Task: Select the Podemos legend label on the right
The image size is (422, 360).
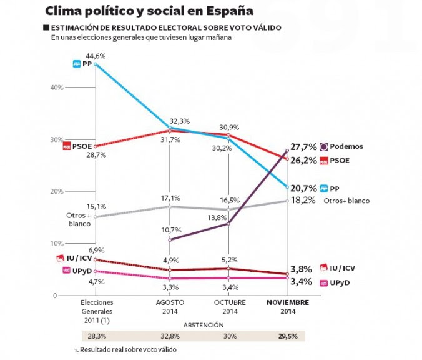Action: (x=348, y=146)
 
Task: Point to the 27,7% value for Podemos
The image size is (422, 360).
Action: (x=303, y=146)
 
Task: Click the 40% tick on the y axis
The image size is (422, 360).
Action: (x=57, y=87)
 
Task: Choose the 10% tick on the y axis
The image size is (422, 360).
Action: (x=57, y=243)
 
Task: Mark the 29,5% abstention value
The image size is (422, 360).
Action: (x=287, y=336)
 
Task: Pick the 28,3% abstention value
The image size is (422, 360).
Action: (x=96, y=336)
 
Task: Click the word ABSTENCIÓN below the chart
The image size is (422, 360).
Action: (x=203, y=326)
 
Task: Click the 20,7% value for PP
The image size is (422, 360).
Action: (x=304, y=187)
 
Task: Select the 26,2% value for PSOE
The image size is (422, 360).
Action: (x=303, y=160)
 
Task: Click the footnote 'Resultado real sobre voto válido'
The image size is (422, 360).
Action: (x=128, y=349)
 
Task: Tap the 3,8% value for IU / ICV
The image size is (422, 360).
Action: (x=301, y=269)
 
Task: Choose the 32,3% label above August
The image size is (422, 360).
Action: (x=180, y=121)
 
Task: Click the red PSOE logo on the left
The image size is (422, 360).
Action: (x=67, y=146)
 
